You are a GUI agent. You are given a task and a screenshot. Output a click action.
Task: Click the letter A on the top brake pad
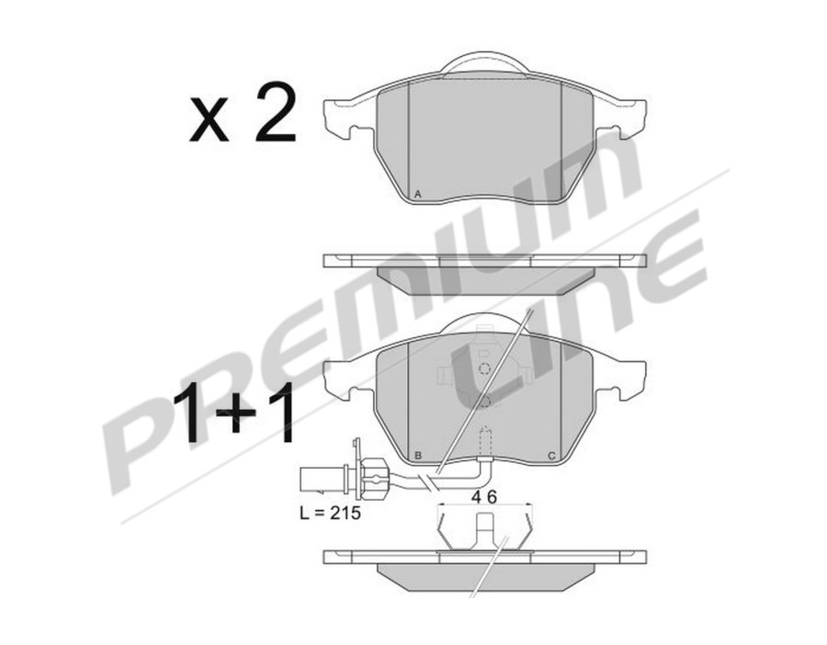click(418, 195)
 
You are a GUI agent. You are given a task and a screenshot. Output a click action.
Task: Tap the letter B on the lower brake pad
click(418, 456)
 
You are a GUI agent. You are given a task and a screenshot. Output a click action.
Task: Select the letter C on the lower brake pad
click(550, 456)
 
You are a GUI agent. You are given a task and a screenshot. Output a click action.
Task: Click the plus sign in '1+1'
click(241, 414)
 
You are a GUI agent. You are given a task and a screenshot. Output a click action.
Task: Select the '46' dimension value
click(484, 496)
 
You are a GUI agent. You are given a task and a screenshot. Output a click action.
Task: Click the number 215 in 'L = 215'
click(345, 514)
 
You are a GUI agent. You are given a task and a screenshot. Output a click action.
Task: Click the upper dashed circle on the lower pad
click(484, 368)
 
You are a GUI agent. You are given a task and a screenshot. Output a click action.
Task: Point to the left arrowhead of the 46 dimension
click(440, 505)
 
